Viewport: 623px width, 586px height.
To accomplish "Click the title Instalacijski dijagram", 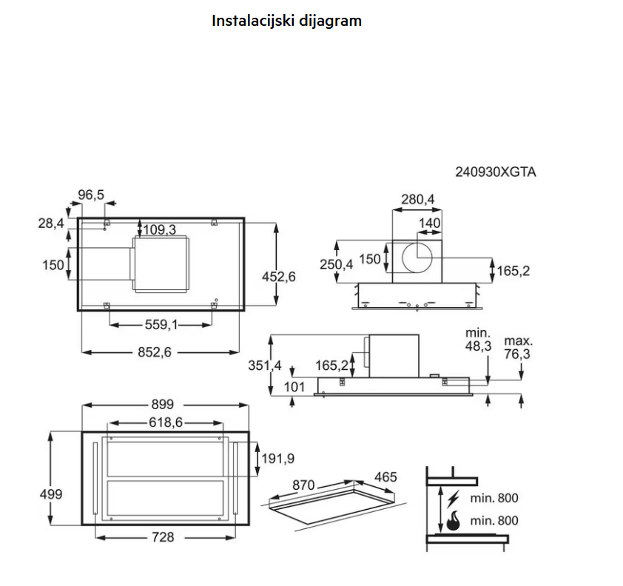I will pos(286,21).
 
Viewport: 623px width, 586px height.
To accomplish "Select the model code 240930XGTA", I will pos(495,172).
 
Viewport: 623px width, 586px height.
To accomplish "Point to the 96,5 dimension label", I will pos(91,195).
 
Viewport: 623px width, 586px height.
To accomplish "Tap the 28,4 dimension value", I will pos(51,223).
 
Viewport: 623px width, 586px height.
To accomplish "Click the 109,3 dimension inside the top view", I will pos(159,230).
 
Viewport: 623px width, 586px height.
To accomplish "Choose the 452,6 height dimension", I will pos(279,276).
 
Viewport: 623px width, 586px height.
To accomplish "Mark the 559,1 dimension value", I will pos(161,323).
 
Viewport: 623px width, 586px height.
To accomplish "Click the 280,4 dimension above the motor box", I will pos(418,199).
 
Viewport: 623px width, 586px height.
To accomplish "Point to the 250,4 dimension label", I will pos(337,265).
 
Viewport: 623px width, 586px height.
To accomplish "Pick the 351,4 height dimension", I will pos(263,365).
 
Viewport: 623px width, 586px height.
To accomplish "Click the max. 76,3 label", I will pos(518,348).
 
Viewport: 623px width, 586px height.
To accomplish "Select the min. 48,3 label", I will pos(478,340).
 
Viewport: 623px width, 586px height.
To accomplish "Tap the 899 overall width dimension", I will pos(162,404).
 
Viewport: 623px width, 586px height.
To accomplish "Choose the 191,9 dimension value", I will pos(278,459).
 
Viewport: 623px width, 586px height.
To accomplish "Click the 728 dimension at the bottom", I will pos(162,537).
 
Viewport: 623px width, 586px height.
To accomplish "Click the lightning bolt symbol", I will pos(453,498).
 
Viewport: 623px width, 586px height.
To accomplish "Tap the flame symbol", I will pos(452,521).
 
